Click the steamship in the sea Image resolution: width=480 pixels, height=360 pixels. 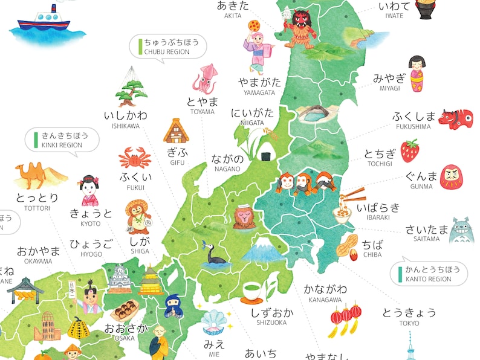(x=43, y=20)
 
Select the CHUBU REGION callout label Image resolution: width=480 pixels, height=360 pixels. (x=169, y=47)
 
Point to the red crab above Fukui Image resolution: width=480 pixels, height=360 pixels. (x=134, y=159)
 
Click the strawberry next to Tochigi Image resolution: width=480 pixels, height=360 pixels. (x=410, y=150)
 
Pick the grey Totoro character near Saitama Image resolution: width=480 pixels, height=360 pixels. (x=462, y=230)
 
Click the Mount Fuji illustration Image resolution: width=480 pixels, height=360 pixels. (x=259, y=248)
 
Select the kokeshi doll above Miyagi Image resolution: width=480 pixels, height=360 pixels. (x=416, y=73)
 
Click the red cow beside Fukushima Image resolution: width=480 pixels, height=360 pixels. (x=455, y=118)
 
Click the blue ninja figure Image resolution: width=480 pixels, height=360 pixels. (x=172, y=305)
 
